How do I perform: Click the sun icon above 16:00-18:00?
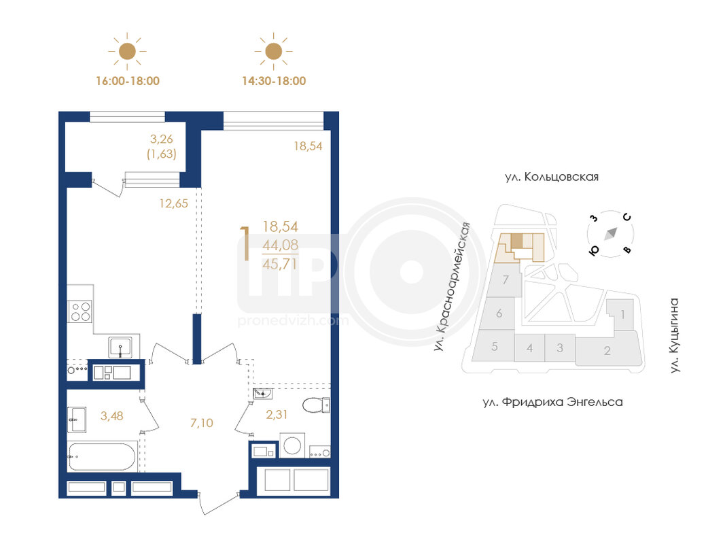point(127,52)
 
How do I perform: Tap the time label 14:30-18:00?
point(274,81)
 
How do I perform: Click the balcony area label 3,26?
point(161,138)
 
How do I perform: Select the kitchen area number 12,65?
point(173,203)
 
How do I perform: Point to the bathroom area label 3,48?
point(112,416)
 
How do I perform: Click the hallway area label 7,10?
point(202,423)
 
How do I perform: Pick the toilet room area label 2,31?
point(277,415)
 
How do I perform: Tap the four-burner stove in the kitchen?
point(80,311)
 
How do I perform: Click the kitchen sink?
point(120,347)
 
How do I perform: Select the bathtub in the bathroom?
point(102,456)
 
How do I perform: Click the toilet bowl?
point(316,405)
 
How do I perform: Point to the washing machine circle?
point(292,445)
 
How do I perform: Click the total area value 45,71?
point(280,264)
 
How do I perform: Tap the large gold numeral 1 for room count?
point(245,243)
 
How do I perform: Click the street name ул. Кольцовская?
point(552,177)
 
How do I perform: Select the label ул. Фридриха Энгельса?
point(552,402)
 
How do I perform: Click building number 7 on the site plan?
point(506,280)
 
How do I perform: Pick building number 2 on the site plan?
point(607,351)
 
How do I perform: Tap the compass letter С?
point(627,217)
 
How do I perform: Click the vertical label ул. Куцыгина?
point(675,335)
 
